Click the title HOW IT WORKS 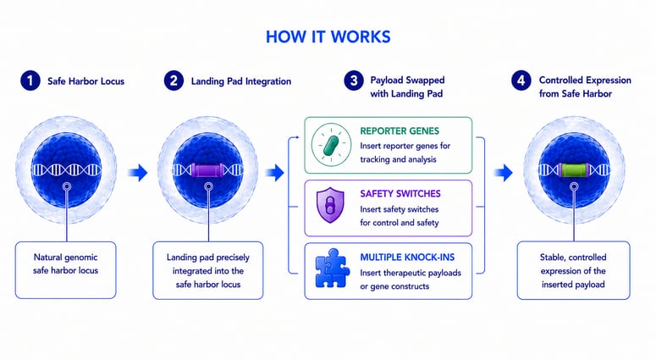click(328, 36)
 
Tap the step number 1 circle click(30, 80)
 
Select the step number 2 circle click(174, 80)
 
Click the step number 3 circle click(354, 80)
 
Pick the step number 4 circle click(521, 80)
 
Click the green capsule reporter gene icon click(331, 145)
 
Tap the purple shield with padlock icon click(330, 205)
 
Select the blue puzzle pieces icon click(332, 269)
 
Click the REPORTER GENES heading click(400, 131)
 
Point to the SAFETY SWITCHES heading click(400, 194)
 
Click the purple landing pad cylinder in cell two click(207, 170)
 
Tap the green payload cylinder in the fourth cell click(574, 170)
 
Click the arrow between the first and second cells click(138, 172)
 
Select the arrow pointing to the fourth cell click(503, 172)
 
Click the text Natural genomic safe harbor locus click(66, 263)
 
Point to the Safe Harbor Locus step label click(85, 81)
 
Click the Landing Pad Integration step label click(241, 81)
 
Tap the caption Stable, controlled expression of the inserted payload click(573, 271)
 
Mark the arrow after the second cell click(275, 172)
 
